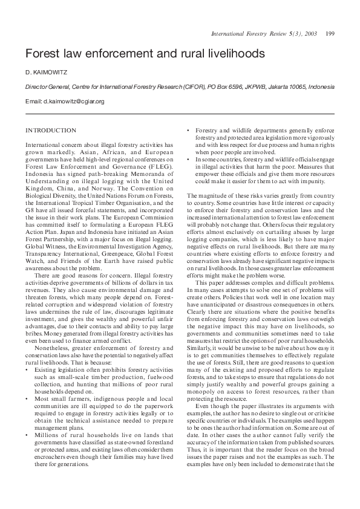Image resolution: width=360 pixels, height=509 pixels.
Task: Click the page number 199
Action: (330, 33)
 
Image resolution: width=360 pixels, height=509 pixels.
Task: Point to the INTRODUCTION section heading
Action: (51, 130)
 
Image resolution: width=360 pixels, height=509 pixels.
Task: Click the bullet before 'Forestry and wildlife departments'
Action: (189, 131)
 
